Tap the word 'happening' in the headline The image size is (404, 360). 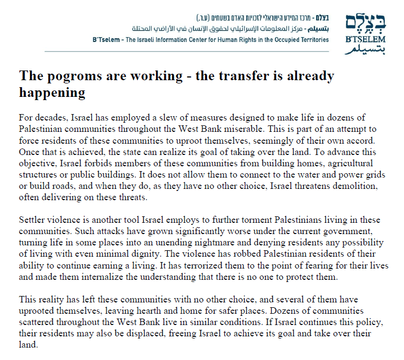coord(52,93)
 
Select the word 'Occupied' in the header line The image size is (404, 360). coord(286,40)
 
